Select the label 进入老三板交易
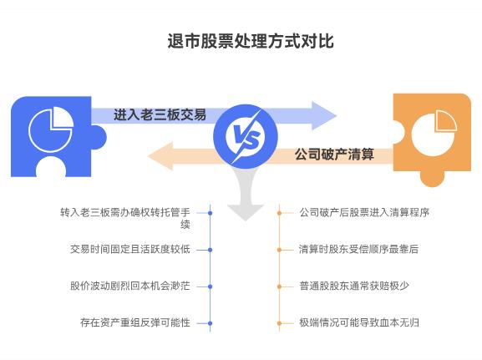click(x=160, y=115)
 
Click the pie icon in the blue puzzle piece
click(x=50, y=128)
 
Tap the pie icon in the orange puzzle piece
click(x=434, y=128)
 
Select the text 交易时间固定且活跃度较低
click(x=130, y=249)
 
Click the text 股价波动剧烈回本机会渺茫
click(x=130, y=286)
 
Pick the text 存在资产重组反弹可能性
click(x=135, y=322)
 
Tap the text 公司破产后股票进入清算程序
click(x=364, y=212)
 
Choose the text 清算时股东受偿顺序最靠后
click(x=358, y=249)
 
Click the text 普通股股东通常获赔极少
click(x=353, y=286)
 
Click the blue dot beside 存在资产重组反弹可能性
click(x=210, y=322)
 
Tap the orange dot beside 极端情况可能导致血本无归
click(x=279, y=322)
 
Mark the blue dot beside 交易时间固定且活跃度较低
click(x=210, y=249)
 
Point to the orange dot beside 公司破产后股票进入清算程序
click(x=279, y=212)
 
